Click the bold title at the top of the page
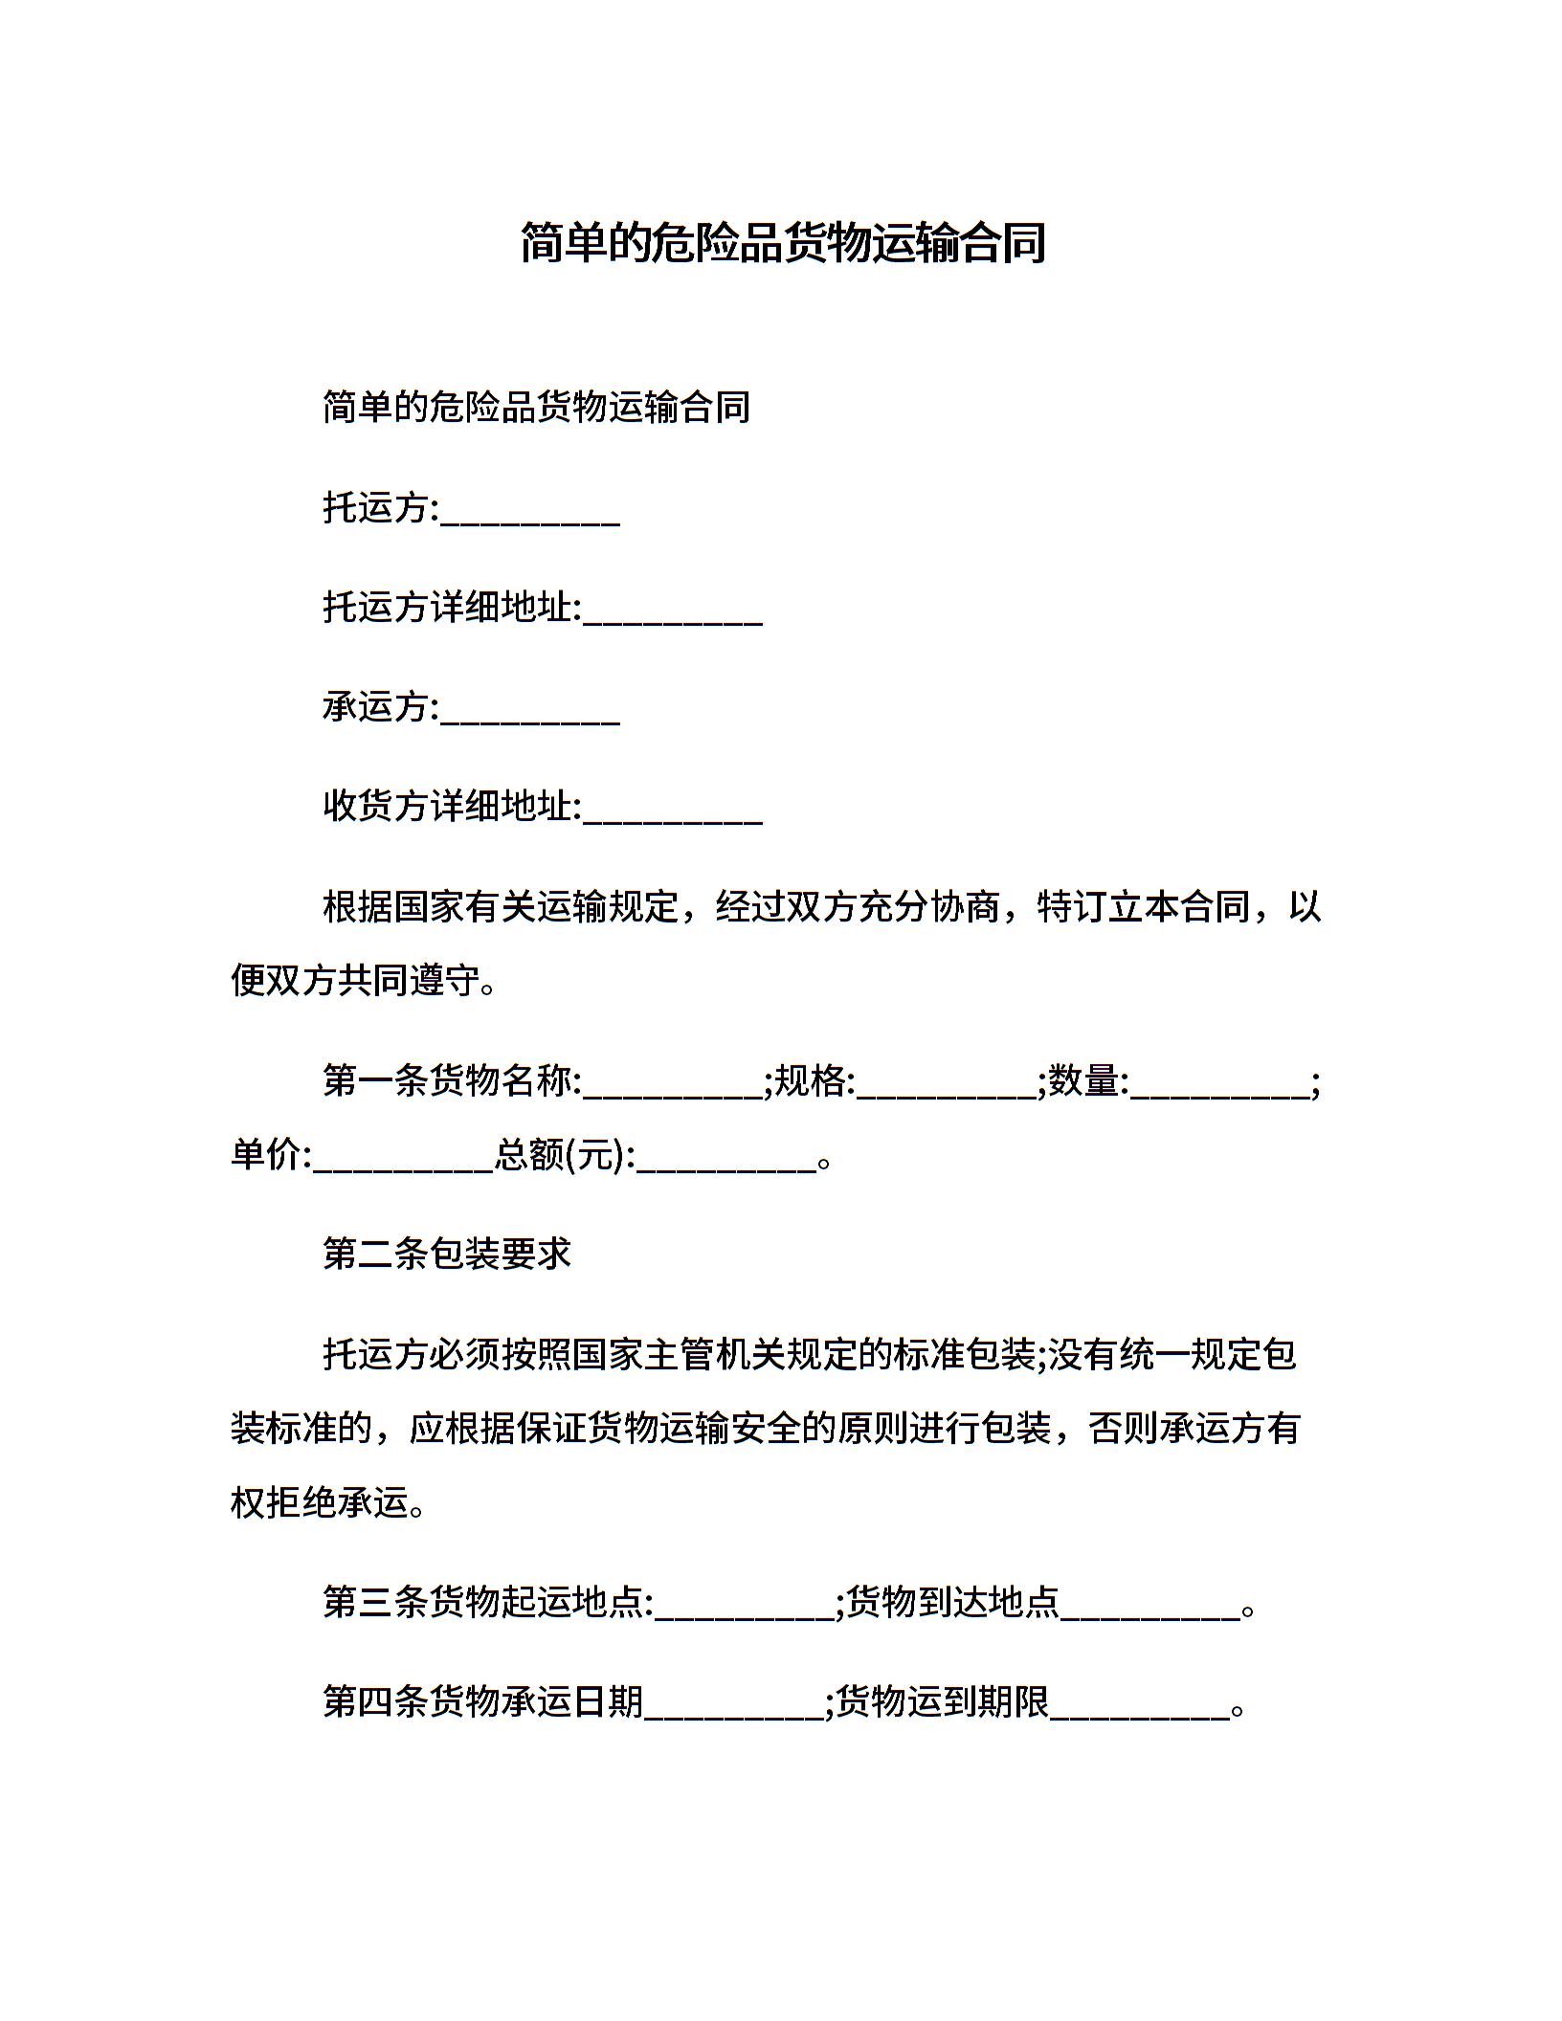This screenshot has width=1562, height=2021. [782, 243]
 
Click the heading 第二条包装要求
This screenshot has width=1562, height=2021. [447, 1254]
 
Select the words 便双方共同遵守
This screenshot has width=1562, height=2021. [354, 981]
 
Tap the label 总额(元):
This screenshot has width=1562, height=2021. [565, 1156]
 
